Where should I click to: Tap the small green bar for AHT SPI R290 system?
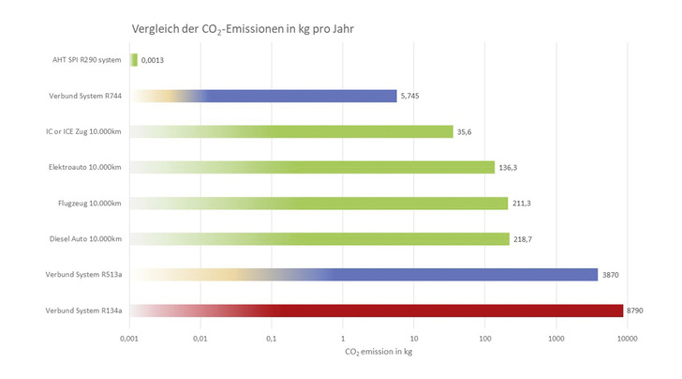(134, 60)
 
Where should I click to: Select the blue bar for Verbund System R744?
(300, 96)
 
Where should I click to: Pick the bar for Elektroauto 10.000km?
(375, 167)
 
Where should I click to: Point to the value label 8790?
(635, 311)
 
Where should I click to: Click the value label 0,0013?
(155, 60)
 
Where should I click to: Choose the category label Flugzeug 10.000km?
(91, 203)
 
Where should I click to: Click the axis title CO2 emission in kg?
(378, 352)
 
